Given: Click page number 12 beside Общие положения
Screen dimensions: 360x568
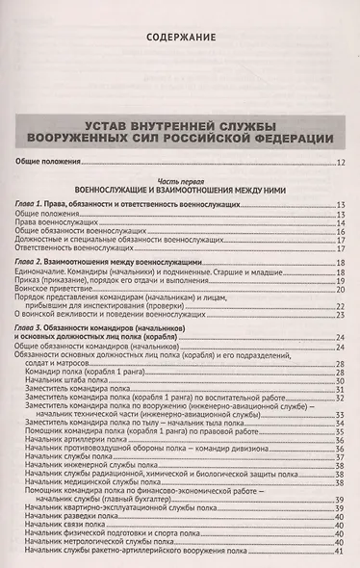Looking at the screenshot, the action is click(x=341, y=162).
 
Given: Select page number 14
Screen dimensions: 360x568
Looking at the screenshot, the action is click(x=341, y=222).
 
